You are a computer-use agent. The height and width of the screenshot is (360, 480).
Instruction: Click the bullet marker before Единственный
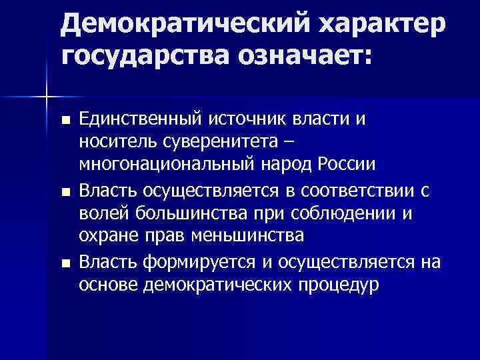[65, 121]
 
